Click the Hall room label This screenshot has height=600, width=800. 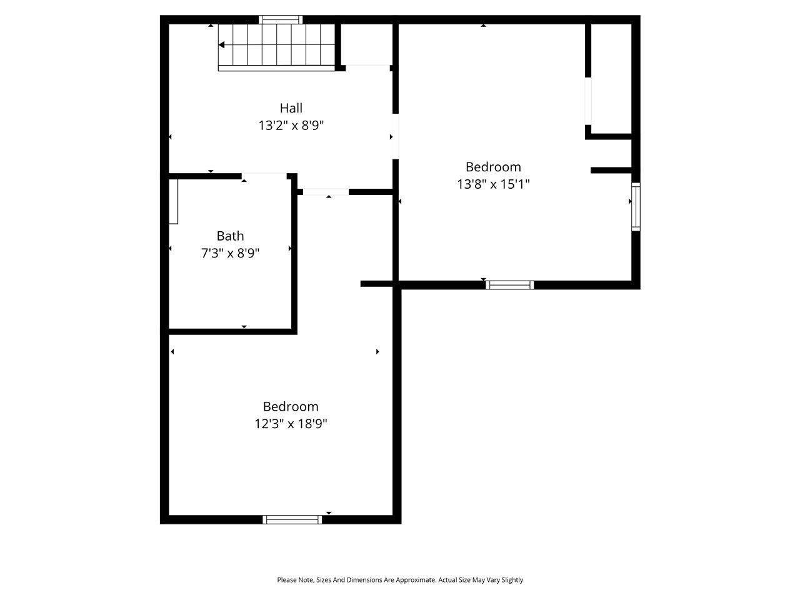point(291,108)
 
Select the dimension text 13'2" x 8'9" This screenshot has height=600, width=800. point(291,126)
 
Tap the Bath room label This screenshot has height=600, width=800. point(230,236)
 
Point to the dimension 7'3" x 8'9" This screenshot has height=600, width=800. point(230,254)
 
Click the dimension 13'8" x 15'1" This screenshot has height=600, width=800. point(493,184)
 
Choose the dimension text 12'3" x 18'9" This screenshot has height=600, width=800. point(291,424)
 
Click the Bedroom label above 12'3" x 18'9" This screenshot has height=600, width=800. point(291,407)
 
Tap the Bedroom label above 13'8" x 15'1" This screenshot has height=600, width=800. point(493,167)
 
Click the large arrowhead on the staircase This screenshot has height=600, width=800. point(221,45)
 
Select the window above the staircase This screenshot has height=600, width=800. point(281,20)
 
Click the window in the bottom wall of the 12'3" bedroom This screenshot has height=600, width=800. point(292,519)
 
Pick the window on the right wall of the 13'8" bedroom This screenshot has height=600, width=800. point(636,207)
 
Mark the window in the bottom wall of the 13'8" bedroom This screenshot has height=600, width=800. point(509,285)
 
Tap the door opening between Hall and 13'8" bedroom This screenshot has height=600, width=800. point(395,136)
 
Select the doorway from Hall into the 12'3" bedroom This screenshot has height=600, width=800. point(326,192)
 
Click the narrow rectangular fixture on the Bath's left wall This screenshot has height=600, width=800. point(173,201)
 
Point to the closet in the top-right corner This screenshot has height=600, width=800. point(611,78)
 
